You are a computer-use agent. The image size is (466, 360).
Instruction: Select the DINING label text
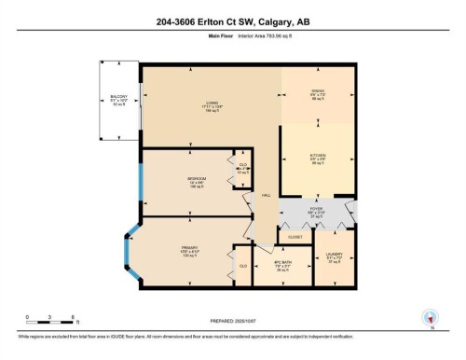coord(318,90)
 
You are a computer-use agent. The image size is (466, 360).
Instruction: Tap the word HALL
coord(266,194)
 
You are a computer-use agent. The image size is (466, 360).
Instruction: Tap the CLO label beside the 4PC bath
coord(242,266)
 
